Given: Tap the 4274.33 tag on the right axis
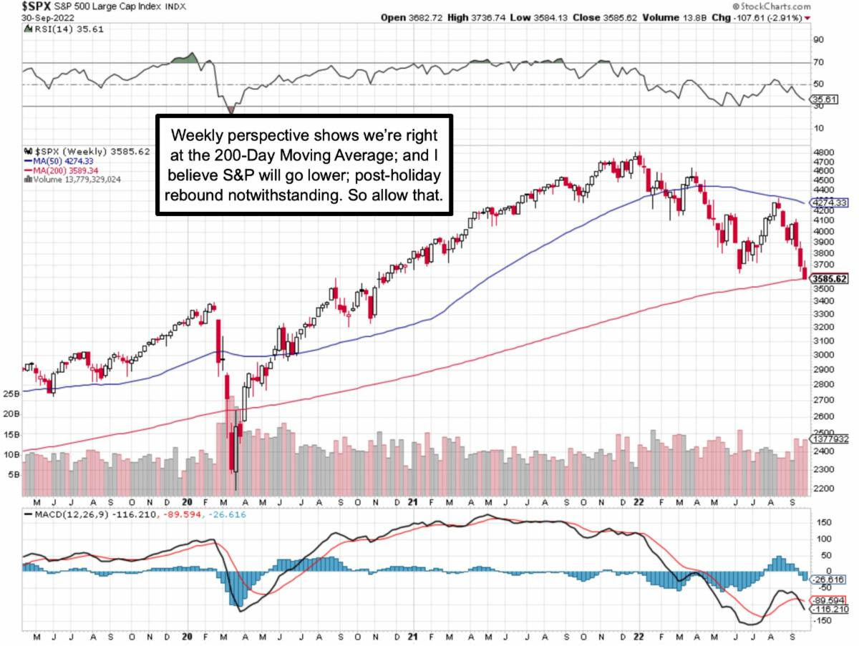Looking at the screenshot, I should (x=829, y=202).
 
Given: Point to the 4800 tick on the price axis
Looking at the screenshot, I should (x=823, y=152).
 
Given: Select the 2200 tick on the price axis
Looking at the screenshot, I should (x=823, y=489).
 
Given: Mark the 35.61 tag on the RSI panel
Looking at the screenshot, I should (x=824, y=100).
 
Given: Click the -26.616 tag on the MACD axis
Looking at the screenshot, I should (x=829, y=579).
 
